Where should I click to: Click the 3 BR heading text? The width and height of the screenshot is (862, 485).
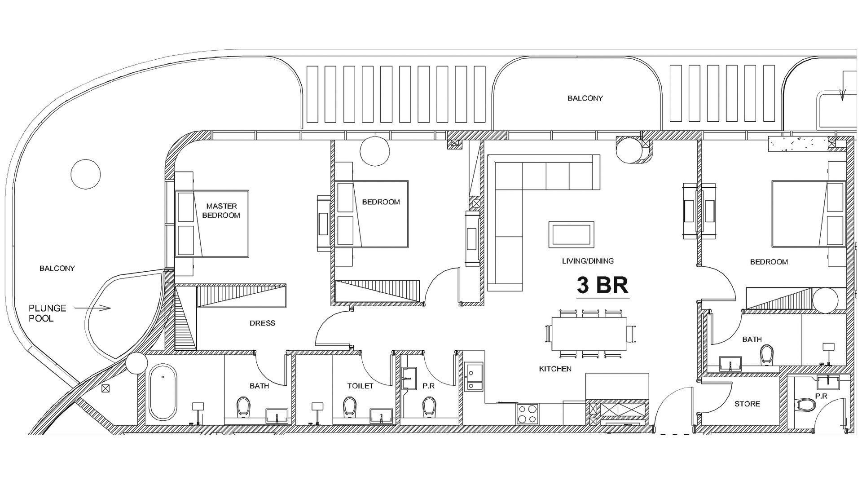[x=603, y=285]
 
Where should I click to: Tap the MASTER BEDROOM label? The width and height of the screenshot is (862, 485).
[x=221, y=211]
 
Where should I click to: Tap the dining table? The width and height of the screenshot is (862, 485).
[x=589, y=334]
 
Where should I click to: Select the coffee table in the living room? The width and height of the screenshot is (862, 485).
[x=571, y=234]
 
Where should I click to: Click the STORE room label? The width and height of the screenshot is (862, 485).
[x=747, y=404]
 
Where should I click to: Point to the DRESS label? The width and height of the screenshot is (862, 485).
[x=262, y=323]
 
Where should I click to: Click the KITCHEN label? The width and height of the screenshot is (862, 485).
[x=555, y=369]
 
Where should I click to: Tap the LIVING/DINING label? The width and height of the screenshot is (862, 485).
[x=588, y=261]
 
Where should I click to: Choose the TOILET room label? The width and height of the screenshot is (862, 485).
[x=360, y=386]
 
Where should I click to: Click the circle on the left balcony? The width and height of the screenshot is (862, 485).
[x=86, y=173]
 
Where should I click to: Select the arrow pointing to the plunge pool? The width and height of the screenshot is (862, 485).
[x=92, y=308]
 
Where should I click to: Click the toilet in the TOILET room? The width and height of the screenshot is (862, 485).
[x=350, y=406]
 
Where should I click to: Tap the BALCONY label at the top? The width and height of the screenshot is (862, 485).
[x=585, y=98]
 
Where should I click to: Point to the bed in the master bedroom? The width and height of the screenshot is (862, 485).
[x=211, y=224]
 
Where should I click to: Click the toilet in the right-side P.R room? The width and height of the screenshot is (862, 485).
[x=806, y=405]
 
